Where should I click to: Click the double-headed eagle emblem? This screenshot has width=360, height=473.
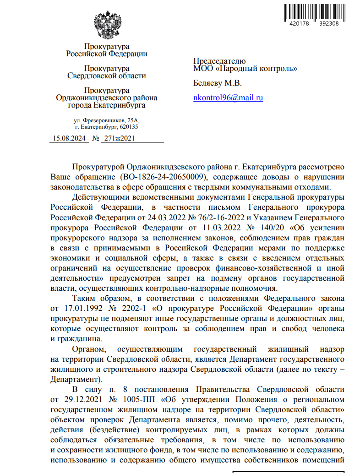coord(107,26)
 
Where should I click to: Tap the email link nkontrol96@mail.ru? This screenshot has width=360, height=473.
coord(228,98)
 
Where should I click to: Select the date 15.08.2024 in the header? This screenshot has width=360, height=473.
coord(70,138)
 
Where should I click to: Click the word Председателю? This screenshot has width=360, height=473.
coord(219,61)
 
